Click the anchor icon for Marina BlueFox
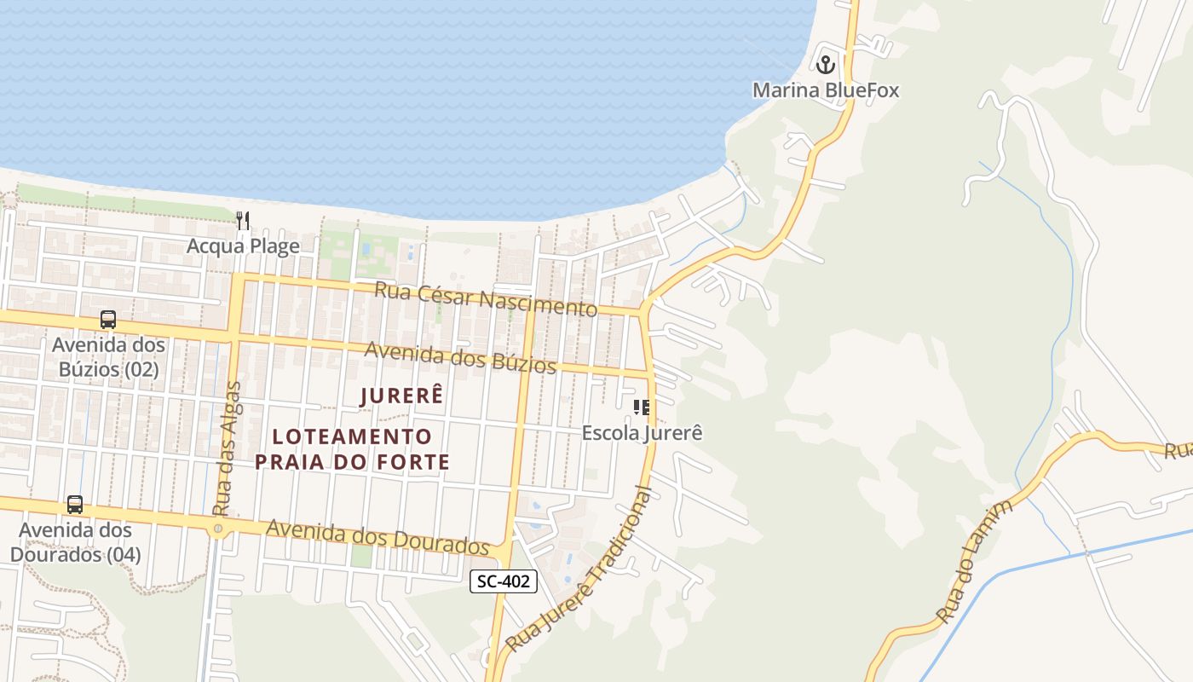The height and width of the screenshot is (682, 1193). [825, 64]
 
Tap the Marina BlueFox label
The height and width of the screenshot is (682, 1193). [825, 90]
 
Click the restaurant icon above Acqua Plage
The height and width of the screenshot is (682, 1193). [243, 221]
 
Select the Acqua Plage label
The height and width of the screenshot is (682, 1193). [243, 246]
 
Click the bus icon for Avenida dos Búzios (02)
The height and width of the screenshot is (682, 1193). [108, 320]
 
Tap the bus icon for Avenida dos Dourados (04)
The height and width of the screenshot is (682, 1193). [75, 504]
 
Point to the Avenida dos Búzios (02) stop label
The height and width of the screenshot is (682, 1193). [108, 357]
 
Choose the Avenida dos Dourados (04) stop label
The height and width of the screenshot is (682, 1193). [75, 541]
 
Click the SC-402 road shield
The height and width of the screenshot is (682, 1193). [504, 581]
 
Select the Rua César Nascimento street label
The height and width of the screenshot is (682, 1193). [486, 299]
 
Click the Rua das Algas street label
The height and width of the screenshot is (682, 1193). [227, 448]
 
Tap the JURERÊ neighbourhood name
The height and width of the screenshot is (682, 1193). [402, 396]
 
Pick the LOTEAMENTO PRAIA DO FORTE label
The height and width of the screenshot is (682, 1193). [352, 449]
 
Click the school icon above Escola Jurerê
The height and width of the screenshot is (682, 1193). [642, 407]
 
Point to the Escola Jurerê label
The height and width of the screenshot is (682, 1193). [642, 432]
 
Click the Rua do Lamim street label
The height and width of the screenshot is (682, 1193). [975, 561]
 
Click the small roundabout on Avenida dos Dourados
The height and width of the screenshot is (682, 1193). [218, 529]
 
